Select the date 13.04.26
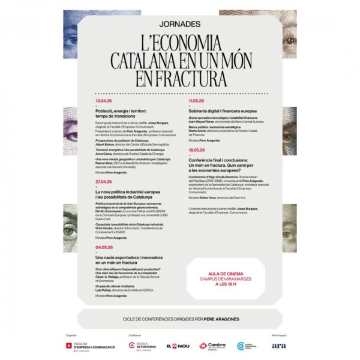pos(104,101)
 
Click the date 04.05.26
pos(104,247)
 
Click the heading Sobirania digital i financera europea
pos(223,111)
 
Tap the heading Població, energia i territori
pos(124,111)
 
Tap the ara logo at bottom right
pos(278,346)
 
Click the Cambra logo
pos(212,346)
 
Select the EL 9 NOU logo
pos(177,346)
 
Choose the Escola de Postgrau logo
pos(143,346)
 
